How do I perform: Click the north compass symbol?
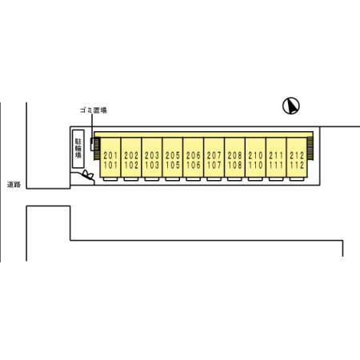[291, 106]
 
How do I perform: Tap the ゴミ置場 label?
[94, 110]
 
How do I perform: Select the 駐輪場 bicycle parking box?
[78, 149]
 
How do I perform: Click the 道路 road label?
[14, 184]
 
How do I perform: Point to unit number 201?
[110, 155]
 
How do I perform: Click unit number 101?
[110, 165]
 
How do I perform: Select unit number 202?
[131, 155]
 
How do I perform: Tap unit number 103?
[152, 165]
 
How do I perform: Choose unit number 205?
[173, 155]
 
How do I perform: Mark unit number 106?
[194, 165]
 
